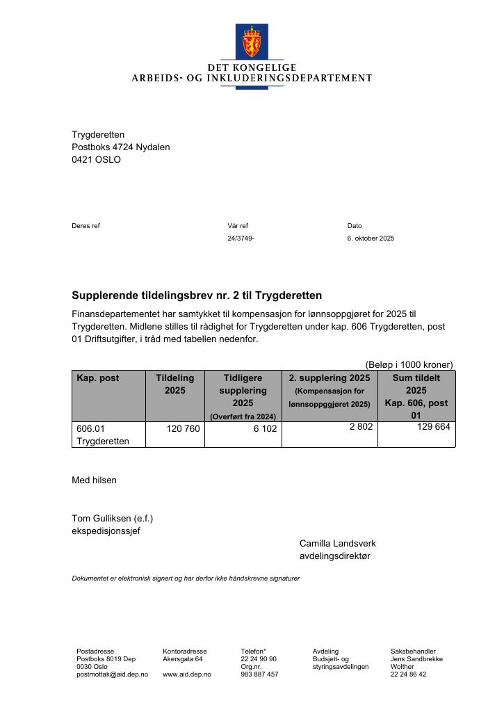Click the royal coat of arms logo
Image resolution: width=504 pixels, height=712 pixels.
(x=252, y=42)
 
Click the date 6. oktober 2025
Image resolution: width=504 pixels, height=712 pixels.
(x=371, y=238)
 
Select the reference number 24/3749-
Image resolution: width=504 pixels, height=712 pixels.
(x=241, y=238)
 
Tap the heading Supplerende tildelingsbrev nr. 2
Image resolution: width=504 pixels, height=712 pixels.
(x=197, y=296)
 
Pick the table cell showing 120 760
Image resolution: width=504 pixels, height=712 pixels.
(x=184, y=429)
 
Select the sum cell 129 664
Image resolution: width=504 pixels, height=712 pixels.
(x=433, y=427)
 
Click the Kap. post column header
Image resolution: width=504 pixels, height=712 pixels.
(x=98, y=378)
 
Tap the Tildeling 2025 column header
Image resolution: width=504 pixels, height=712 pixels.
(x=175, y=385)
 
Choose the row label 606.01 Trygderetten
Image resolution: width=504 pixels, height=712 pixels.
(x=103, y=435)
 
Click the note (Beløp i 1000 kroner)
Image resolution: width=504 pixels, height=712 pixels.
(x=409, y=364)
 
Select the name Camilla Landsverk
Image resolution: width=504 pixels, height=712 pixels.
(x=337, y=543)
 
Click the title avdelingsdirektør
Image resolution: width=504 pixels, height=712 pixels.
(x=335, y=556)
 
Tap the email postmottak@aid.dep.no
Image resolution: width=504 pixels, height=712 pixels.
(x=112, y=674)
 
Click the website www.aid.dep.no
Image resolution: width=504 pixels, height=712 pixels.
(x=187, y=674)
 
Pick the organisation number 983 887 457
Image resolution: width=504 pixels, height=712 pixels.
(x=259, y=674)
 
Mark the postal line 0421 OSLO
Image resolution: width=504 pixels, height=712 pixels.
(x=96, y=159)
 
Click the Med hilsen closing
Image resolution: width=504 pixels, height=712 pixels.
(x=94, y=480)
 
